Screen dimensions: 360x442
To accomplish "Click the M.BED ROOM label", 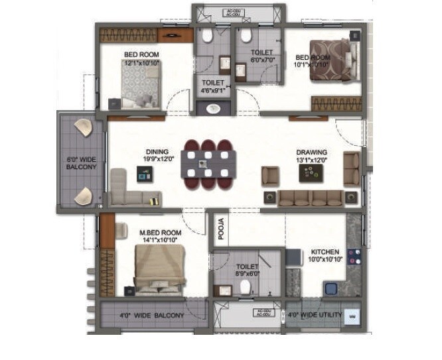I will point(160,233).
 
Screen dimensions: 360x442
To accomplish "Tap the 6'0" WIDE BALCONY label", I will point(82,163).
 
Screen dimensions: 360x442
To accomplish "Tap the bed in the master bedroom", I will point(157,269).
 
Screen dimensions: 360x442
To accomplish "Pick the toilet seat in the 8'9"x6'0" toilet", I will point(245,285).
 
